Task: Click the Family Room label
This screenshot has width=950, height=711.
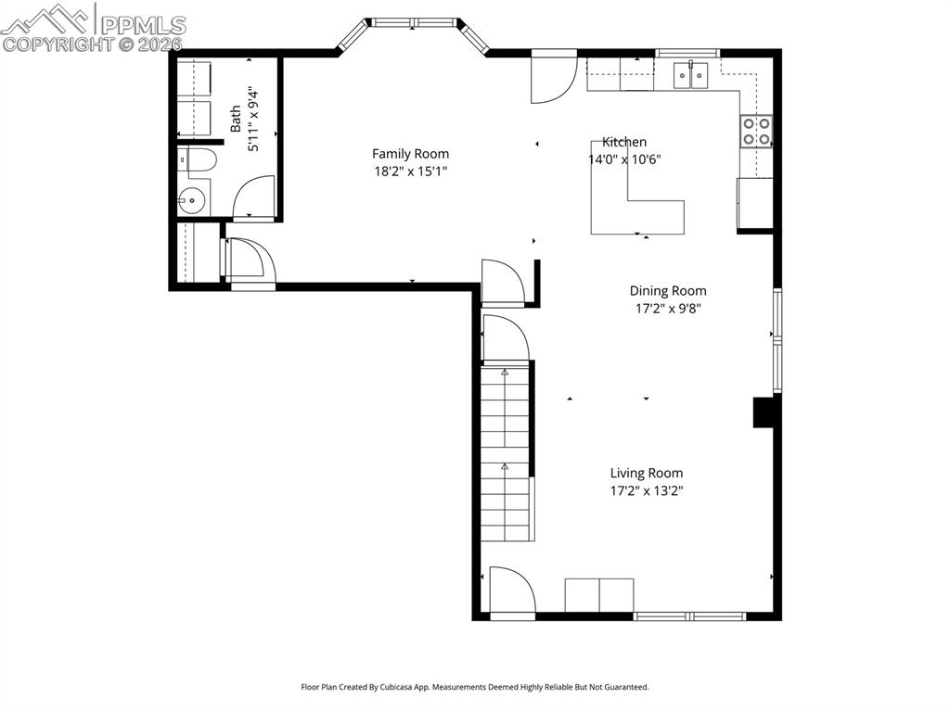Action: click(410, 154)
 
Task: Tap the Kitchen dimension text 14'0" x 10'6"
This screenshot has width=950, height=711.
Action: click(624, 159)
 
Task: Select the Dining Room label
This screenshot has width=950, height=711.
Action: click(668, 291)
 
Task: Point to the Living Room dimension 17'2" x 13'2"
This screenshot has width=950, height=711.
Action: click(646, 491)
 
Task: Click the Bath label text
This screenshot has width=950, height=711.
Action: click(236, 118)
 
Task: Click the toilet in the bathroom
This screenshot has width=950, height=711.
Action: click(199, 161)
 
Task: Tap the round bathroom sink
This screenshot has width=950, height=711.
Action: click(193, 199)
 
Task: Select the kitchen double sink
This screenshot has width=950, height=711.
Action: click(691, 74)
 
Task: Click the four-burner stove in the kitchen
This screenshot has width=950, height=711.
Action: click(755, 131)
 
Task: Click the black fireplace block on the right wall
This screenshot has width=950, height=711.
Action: click(764, 413)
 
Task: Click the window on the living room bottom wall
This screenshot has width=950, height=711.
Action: click(690, 615)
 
